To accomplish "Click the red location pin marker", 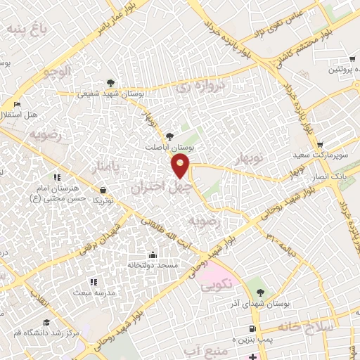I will (x=181, y=165).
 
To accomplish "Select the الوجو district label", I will (x=56, y=72).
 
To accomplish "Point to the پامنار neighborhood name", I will (x=105, y=167).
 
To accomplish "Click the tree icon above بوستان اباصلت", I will (x=168, y=136).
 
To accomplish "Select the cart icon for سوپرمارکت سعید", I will (x=321, y=143).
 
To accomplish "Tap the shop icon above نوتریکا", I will (x=103, y=190).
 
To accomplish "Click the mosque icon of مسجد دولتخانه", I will (x=153, y=255).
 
